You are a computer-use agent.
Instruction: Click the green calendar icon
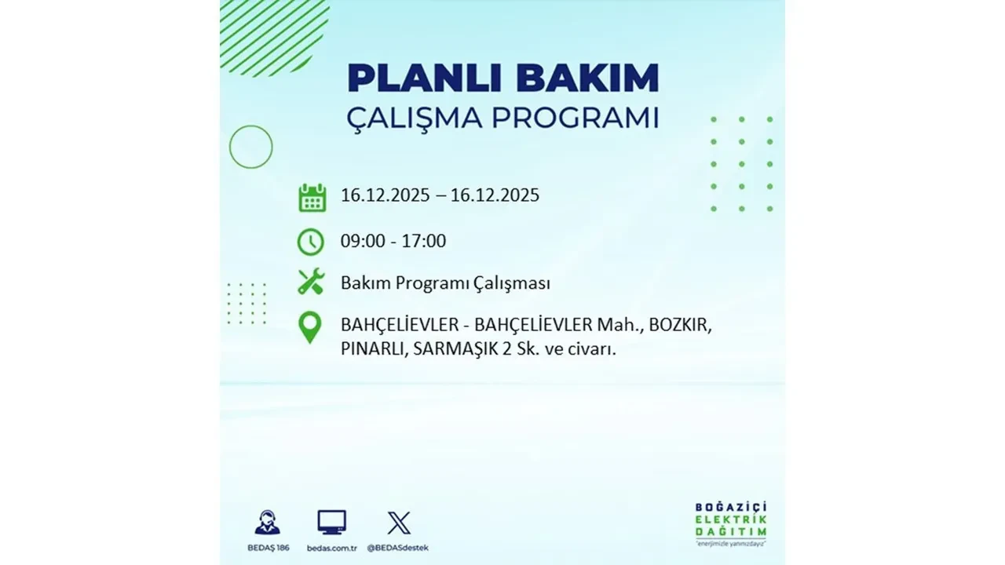point(312,197)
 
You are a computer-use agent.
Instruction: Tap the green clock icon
point(311,242)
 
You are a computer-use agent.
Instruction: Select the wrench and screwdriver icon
point(311,282)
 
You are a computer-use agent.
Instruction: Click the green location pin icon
point(311,328)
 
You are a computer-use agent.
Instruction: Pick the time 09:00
point(363,242)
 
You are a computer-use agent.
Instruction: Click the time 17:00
point(425,242)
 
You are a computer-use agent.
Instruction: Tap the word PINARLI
point(373,350)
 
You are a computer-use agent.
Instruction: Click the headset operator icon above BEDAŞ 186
point(267,523)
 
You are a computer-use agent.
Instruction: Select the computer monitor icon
point(331,523)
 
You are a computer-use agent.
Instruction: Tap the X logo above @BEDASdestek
point(399,523)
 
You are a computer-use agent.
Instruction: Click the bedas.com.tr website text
point(331,547)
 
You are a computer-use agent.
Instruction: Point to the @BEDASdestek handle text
point(399,547)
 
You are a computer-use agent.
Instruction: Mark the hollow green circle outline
point(250,147)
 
